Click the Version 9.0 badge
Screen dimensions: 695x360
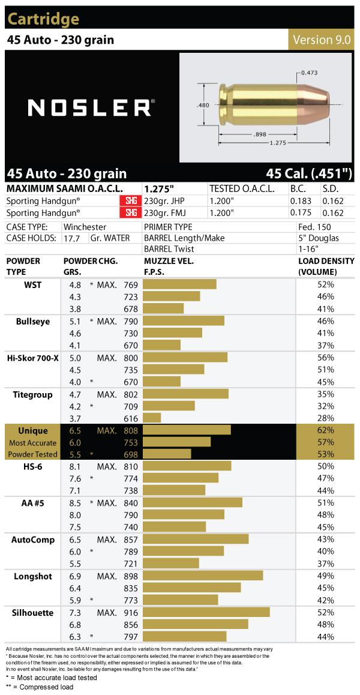pyautogui.click(x=322, y=40)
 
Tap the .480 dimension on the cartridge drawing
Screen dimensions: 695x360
pyautogui.click(x=202, y=104)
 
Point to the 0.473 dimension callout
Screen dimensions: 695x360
pyautogui.click(x=309, y=73)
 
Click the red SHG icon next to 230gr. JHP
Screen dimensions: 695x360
pyautogui.click(x=130, y=201)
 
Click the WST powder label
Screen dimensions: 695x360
pyautogui.click(x=33, y=284)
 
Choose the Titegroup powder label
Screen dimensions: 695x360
pyautogui.click(x=32, y=394)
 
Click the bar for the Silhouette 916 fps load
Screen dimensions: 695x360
pyautogui.click(x=206, y=613)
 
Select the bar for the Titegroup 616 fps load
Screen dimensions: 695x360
pyautogui.click(x=152, y=418)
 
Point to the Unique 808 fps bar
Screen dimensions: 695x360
pyautogui.click(x=187, y=430)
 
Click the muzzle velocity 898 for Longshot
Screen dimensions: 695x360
pyautogui.click(x=130, y=576)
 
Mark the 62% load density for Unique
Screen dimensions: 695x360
pyautogui.click(x=326, y=430)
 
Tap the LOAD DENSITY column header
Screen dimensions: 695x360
pyautogui.click(x=326, y=266)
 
